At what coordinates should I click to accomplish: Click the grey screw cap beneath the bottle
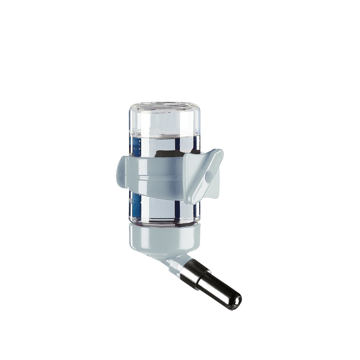[164, 238]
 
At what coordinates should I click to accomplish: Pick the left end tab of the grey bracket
[121, 174]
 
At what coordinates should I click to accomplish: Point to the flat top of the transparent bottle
[164, 106]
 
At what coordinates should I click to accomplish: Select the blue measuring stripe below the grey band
[136, 207]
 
